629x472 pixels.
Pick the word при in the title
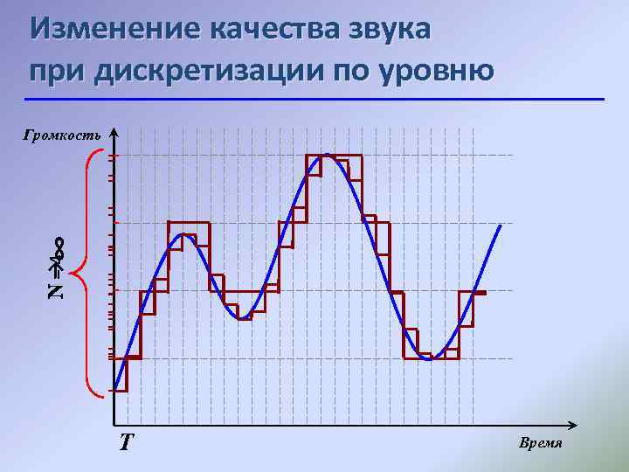click(56, 70)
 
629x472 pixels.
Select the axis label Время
click(541, 443)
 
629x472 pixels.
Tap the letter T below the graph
click(128, 441)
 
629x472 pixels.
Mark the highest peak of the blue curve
click(326, 155)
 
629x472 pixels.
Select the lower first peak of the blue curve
click(183, 234)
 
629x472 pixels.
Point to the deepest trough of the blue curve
click(429, 359)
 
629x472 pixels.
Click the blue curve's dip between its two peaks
click(244, 318)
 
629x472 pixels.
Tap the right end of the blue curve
click(501, 226)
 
